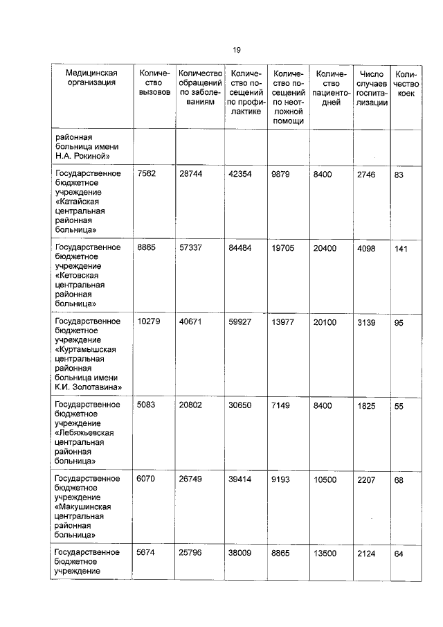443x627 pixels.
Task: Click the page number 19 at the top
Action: coord(236,50)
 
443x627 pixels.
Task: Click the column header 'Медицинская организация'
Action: coord(91,79)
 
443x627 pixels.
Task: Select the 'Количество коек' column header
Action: coord(405,83)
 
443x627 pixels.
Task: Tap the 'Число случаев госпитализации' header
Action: coord(372,87)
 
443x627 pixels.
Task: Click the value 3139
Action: coord(366,321)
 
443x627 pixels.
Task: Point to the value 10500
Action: coord(326,479)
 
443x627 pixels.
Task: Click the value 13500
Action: coord(326,553)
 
